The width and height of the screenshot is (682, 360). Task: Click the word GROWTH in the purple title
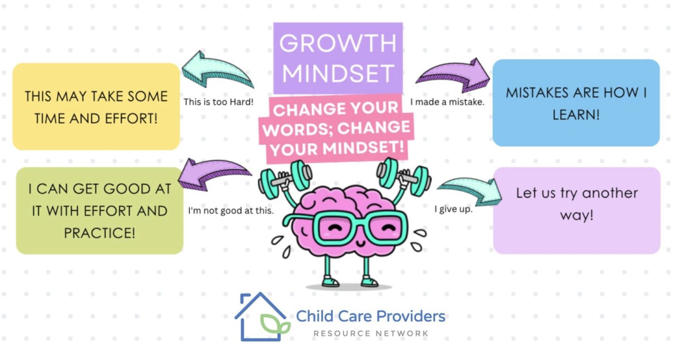[338, 43]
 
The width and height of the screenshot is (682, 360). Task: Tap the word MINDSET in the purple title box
[338, 74]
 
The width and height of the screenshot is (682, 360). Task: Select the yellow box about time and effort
[96, 107]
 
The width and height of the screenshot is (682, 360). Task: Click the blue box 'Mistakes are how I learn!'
[576, 103]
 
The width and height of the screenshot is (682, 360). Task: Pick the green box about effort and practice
[99, 211]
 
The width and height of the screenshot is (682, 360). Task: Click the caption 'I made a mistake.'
[448, 101]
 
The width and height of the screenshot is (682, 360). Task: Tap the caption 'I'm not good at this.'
[231, 211]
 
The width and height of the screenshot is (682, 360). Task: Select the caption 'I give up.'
[453, 209]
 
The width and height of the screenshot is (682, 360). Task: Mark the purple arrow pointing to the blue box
[454, 75]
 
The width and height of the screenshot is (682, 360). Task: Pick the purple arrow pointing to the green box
[215, 173]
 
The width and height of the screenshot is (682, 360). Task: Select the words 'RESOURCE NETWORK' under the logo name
[370, 333]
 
